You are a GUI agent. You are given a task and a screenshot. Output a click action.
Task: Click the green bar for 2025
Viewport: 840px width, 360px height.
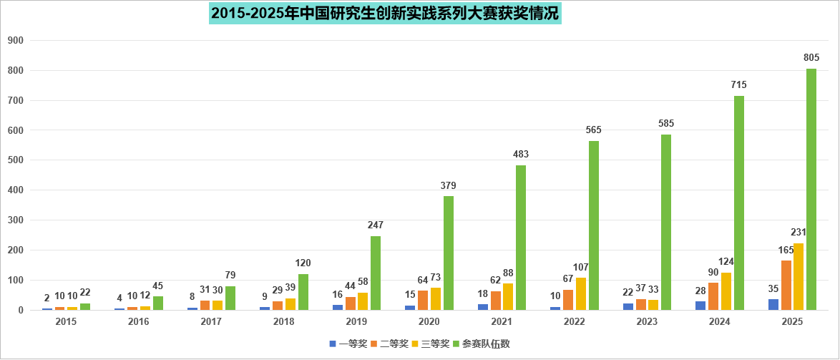point(811,190)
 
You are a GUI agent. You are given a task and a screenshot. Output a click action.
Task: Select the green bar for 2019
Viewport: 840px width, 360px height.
point(376,273)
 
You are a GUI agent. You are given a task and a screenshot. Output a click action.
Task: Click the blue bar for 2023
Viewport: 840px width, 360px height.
point(627,306)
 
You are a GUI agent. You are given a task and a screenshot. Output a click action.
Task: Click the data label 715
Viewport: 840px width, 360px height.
point(738,84)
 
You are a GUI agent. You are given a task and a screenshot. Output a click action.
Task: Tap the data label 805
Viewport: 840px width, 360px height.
point(811,57)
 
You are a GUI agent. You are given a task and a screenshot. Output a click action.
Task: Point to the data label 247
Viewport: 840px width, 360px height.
point(376,225)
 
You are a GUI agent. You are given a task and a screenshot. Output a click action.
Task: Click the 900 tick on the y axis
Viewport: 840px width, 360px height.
point(16,41)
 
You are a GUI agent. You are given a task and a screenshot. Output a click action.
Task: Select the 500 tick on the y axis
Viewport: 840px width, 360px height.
point(16,160)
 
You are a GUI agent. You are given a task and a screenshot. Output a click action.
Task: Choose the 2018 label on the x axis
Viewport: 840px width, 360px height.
point(283,322)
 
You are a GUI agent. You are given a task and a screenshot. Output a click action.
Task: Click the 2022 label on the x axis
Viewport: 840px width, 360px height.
point(574,322)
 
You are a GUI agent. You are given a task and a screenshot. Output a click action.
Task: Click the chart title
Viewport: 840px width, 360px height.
point(386,13)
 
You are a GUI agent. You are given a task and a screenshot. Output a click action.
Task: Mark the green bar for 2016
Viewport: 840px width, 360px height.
point(158,303)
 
